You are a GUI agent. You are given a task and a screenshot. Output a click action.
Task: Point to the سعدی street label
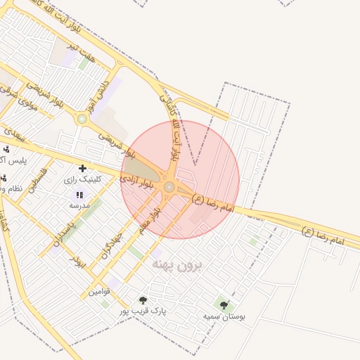pos(13,132)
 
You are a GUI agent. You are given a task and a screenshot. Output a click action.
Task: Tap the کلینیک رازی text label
pos(83,179)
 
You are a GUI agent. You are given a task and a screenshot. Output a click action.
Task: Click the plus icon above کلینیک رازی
pos(83,168)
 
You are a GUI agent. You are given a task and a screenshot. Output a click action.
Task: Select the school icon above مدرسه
pos(79,195)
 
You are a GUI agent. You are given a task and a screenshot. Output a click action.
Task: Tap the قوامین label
pos(99,291)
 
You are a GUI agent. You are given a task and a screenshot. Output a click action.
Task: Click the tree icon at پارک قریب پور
pos(144,300)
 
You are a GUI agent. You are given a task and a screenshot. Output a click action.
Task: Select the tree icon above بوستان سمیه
pos(224,305)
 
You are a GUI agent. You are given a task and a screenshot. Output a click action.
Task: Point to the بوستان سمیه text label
pos(224,316)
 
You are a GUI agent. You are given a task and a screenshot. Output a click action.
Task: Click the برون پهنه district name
pos(176,264)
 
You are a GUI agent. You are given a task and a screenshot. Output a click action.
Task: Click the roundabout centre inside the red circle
pos(169,186)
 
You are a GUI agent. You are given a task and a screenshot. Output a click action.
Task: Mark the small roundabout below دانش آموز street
pos(82,119)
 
